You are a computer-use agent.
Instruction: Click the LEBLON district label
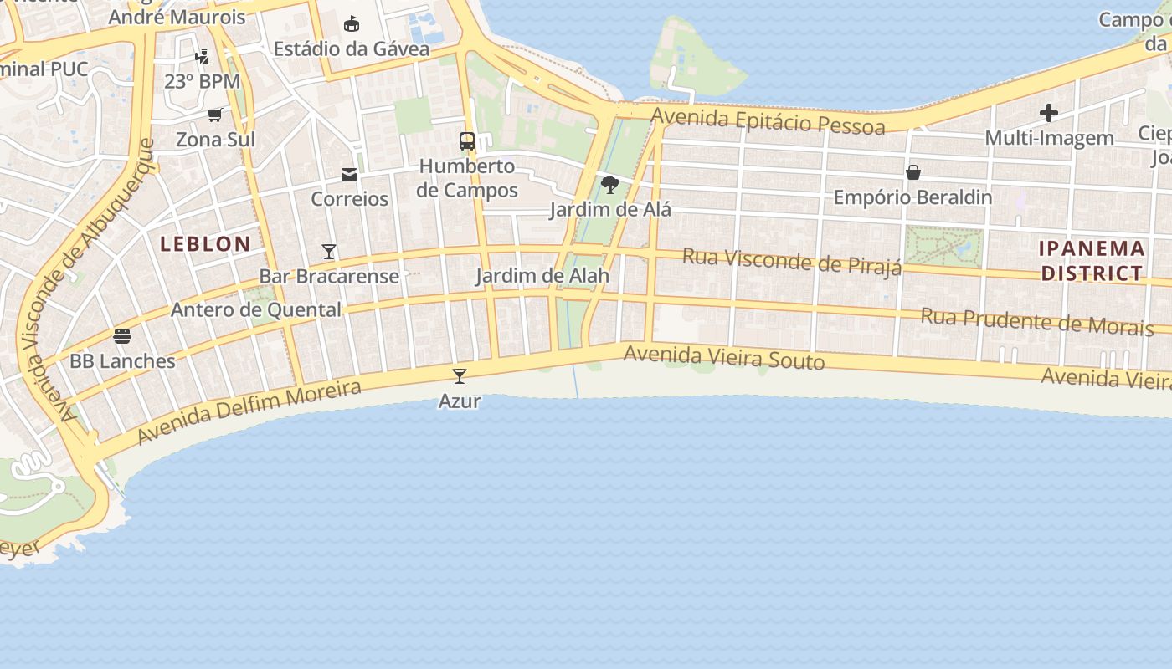tap(205, 244)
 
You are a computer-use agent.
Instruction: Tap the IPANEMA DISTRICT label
tap(1092, 260)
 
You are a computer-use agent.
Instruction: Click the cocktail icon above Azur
tap(459, 375)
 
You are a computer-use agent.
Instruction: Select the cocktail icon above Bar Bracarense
tap(329, 251)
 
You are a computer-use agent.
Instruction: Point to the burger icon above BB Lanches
tap(122, 336)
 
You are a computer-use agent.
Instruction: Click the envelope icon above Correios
tap(349, 174)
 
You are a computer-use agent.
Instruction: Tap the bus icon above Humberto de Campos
tap(467, 140)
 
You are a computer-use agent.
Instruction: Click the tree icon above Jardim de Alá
tap(610, 184)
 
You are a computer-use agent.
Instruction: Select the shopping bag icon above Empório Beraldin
tap(913, 172)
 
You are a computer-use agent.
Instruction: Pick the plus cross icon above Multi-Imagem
tap(1049, 113)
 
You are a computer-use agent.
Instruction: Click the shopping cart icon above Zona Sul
tap(215, 114)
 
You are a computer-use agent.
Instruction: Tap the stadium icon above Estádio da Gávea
tap(352, 23)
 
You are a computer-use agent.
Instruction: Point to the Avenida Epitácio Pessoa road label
tap(768, 121)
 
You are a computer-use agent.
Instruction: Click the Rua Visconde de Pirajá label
tap(792, 260)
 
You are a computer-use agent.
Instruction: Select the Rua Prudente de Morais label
tap(1036, 321)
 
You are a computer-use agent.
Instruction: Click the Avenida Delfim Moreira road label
tap(249, 411)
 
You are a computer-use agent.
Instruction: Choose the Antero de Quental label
tap(256, 310)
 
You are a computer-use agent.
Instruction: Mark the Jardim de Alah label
tap(542, 276)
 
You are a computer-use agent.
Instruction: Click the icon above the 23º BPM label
tap(202, 57)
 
